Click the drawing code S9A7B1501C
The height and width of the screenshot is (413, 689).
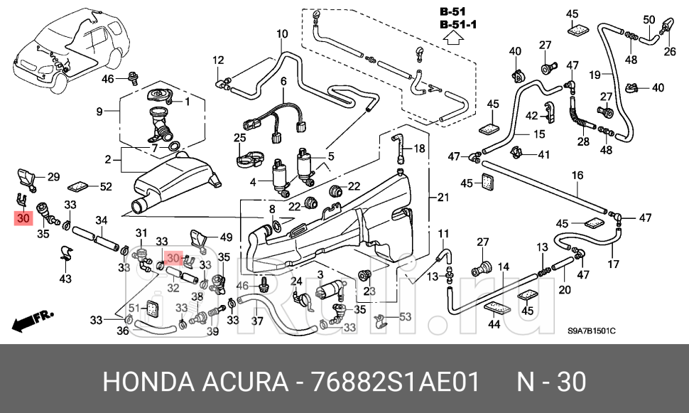591,331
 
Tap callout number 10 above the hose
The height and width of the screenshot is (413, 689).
282,34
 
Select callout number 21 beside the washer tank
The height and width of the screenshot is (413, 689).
443,197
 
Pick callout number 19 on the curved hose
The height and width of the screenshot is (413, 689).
595,73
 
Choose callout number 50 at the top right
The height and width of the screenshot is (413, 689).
649,19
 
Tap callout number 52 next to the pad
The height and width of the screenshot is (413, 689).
106,187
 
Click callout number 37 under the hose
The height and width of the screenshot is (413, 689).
257,321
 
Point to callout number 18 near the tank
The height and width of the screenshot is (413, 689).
419,149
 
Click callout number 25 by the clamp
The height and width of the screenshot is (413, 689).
239,137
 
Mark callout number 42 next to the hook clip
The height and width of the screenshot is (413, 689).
532,115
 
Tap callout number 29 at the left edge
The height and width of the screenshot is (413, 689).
53,176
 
